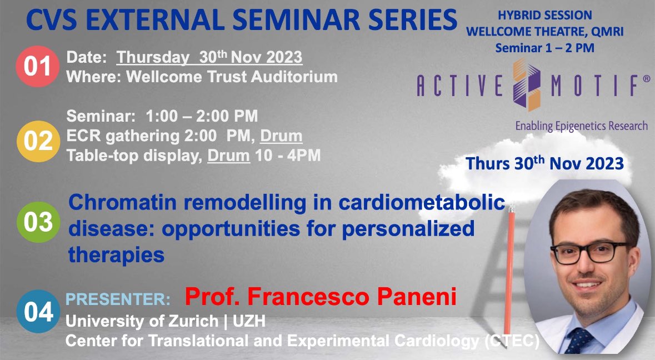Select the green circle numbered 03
click(37, 222)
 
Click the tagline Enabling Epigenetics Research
click(581, 126)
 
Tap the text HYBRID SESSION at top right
click(544, 16)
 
